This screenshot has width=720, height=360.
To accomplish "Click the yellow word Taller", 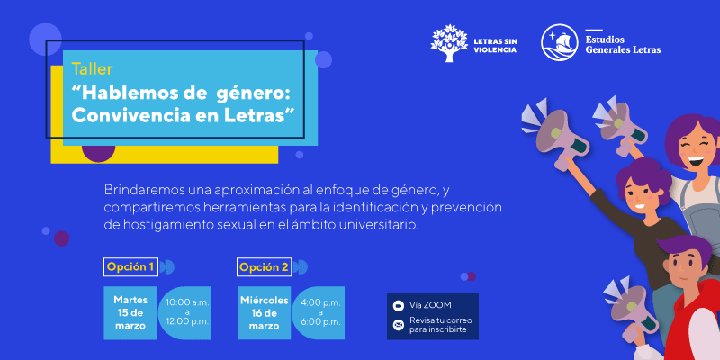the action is (x=93, y=69).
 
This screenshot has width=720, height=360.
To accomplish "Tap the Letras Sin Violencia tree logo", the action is (x=449, y=43).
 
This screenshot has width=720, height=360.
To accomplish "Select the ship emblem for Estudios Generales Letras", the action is (x=559, y=42).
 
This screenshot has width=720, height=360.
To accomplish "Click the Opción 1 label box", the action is (x=130, y=266).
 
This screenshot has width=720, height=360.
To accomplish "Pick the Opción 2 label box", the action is (x=264, y=266).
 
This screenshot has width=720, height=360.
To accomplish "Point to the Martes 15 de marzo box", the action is (x=130, y=313).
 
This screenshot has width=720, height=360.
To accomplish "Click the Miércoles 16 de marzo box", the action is (x=264, y=313).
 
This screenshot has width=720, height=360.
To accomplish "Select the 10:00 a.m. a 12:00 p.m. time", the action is (x=187, y=312).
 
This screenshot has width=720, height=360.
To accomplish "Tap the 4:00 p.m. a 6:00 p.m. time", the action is (x=320, y=312).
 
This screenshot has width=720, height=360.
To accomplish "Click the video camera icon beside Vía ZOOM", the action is (x=398, y=306).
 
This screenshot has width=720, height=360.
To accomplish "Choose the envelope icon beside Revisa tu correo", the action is (x=398, y=325).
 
